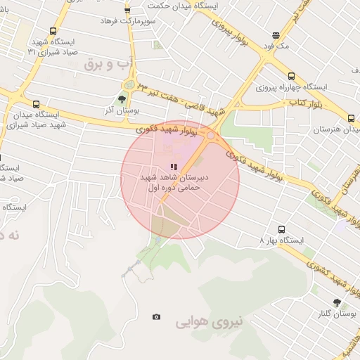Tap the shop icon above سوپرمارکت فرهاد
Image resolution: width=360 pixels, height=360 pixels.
point(127,10)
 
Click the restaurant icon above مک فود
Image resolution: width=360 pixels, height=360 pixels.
point(276,34)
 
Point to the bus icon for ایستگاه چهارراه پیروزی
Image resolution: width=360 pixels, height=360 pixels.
point(291,76)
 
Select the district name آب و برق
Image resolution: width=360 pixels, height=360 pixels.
point(108,65)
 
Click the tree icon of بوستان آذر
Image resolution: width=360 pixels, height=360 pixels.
point(122,99)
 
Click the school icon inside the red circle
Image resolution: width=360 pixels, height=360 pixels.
point(173,167)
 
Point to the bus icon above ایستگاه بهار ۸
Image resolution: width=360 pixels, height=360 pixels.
point(281,229)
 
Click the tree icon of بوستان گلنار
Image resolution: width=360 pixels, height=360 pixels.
point(337,302)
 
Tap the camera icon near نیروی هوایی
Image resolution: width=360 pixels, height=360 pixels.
point(156,317)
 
